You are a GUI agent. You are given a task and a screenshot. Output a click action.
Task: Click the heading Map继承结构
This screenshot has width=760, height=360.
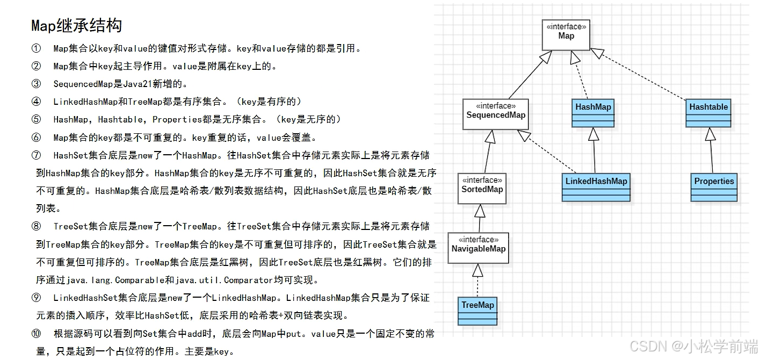(x=76, y=25)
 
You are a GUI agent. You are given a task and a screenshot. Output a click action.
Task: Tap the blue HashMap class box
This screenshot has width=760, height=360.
(x=593, y=113)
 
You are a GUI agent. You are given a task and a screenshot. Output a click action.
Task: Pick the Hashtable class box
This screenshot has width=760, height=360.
(x=708, y=113)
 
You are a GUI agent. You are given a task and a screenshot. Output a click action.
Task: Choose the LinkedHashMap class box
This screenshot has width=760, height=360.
(x=596, y=187)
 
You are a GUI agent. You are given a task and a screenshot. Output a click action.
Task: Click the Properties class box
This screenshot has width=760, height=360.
(x=714, y=187)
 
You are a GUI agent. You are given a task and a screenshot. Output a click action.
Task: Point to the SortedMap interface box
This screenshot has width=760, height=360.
(x=482, y=188)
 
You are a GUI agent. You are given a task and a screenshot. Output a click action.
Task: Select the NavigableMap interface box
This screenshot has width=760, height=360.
(x=478, y=248)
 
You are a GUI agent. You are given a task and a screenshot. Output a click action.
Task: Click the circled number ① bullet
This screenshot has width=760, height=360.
(x=36, y=48)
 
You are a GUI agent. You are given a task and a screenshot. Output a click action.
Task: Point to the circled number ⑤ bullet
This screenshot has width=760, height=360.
(x=36, y=119)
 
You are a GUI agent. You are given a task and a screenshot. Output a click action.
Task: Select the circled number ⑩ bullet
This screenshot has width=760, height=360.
(x=36, y=334)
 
